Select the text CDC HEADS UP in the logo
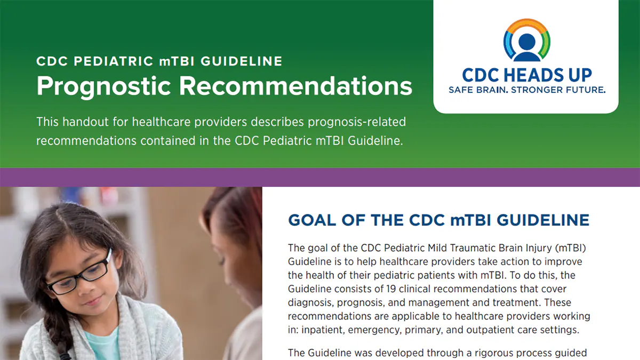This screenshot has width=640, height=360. pos(526,75)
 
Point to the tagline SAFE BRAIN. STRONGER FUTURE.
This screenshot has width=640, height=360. pos(526,90)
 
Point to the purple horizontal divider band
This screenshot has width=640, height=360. pos(320,177)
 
